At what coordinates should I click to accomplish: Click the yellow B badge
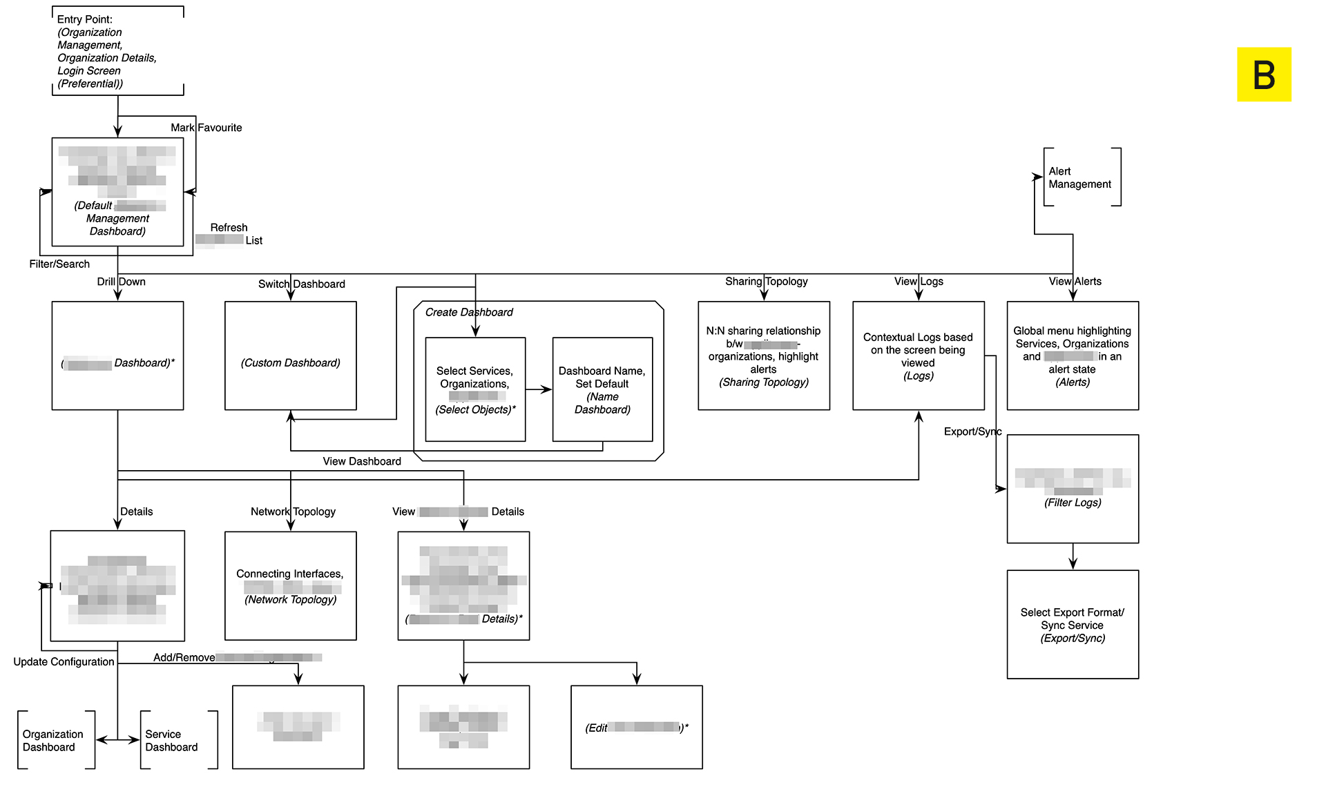pyautogui.click(x=1264, y=75)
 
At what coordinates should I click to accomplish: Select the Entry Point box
pyautogui.click(x=118, y=51)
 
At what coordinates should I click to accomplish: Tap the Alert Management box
pyautogui.click(x=1082, y=177)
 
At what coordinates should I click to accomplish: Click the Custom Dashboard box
pyautogui.click(x=291, y=356)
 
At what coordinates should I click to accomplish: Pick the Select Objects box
pyautogui.click(x=475, y=389)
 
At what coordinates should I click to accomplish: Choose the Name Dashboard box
pyautogui.click(x=602, y=389)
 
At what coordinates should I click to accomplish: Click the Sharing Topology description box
pyautogui.click(x=764, y=356)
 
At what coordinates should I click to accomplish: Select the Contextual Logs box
pyautogui.click(x=919, y=356)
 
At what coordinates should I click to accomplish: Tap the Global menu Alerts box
pyautogui.click(x=1073, y=356)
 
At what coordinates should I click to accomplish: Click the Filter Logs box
pyautogui.click(x=1073, y=489)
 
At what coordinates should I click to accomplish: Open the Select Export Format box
pyautogui.click(x=1073, y=625)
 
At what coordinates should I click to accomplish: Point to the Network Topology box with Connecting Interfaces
pyautogui.click(x=291, y=586)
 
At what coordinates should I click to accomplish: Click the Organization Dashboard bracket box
pyautogui.click(x=56, y=740)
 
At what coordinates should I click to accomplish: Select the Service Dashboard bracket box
pyautogui.click(x=178, y=740)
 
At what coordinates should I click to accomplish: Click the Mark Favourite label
pyautogui.click(x=206, y=128)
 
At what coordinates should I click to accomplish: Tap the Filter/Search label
pyautogui.click(x=59, y=264)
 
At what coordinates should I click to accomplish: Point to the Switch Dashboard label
pyautogui.click(x=302, y=284)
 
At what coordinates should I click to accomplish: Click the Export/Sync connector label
pyautogui.click(x=972, y=431)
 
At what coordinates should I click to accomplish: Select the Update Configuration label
pyautogui.click(x=64, y=661)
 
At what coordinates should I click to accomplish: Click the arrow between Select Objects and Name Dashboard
pyautogui.click(x=539, y=389)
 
